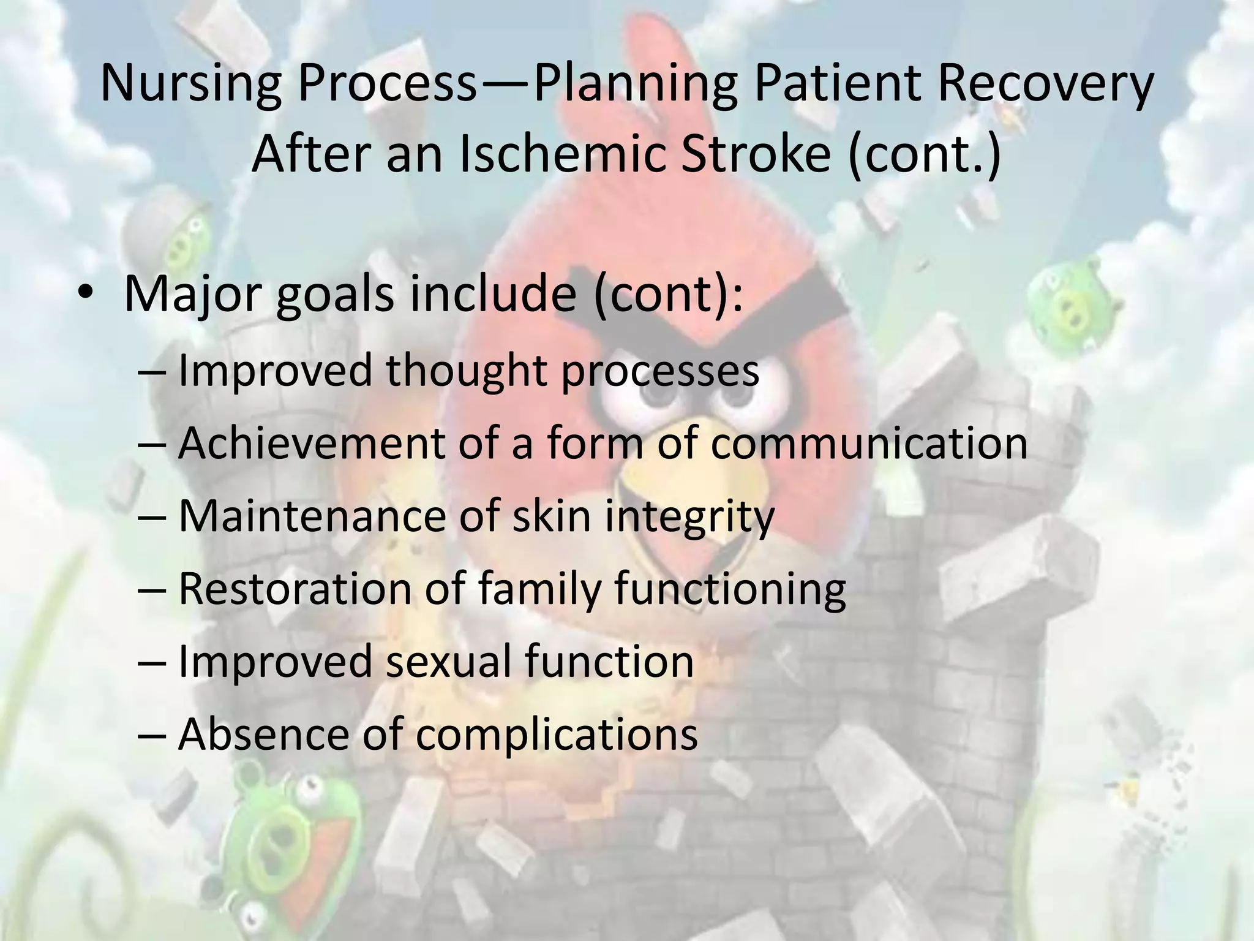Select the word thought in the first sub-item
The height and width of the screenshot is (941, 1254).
[466, 370]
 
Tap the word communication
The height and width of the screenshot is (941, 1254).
[869, 443]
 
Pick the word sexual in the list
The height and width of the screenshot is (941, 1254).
[447, 661]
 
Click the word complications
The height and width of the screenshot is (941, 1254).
[557, 733]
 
